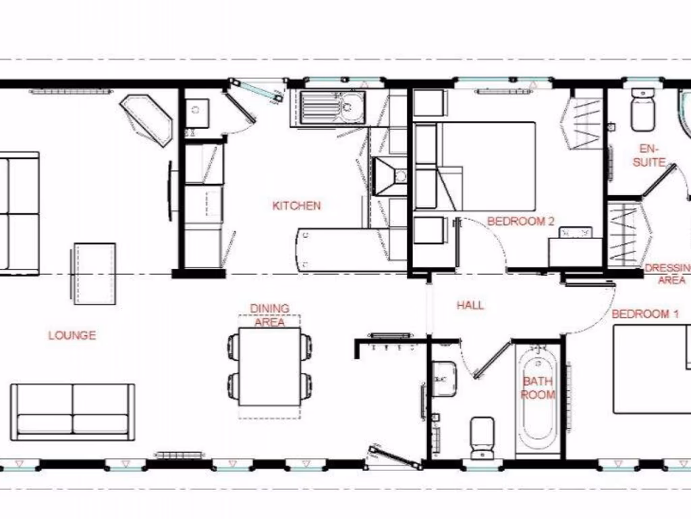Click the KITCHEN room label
pos(296,205)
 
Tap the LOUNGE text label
pos(72,335)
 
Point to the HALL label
pos(470,305)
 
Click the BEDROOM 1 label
pos(645,314)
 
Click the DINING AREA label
pos(270,315)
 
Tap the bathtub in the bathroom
pos(538,401)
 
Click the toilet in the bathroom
pos(482,437)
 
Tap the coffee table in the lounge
pos(93,273)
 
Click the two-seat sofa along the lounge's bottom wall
pos(72,412)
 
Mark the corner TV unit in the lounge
pos(146,120)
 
